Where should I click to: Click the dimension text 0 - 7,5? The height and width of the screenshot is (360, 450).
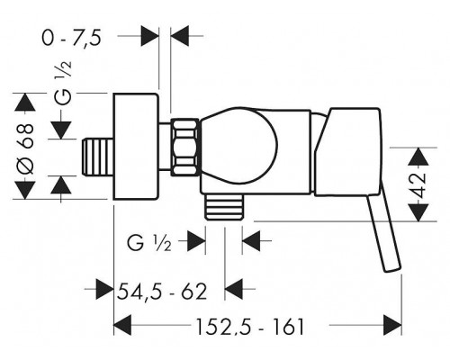(x=71, y=39)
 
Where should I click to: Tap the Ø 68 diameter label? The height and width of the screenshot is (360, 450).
(x=25, y=149)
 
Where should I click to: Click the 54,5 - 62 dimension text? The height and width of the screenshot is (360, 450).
(x=162, y=292)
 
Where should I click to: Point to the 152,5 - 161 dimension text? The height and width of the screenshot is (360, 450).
(x=250, y=327)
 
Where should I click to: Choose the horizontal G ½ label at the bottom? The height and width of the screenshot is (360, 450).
(x=149, y=243)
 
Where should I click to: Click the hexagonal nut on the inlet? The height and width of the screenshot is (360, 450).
(x=184, y=148)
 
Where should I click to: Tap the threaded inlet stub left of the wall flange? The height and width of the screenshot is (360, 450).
(x=98, y=157)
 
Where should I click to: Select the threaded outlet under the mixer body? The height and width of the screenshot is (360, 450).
(x=224, y=207)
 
